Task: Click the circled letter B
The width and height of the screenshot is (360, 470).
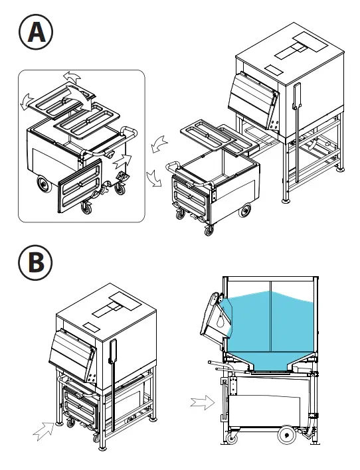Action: tap(35, 263)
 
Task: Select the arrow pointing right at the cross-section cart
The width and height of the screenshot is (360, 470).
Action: tap(202, 401)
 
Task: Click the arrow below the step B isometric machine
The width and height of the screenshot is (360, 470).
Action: tap(45, 430)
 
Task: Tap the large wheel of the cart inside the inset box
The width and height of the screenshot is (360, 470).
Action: tap(41, 183)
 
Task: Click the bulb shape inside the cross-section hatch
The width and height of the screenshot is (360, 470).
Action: tap(216, 320)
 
